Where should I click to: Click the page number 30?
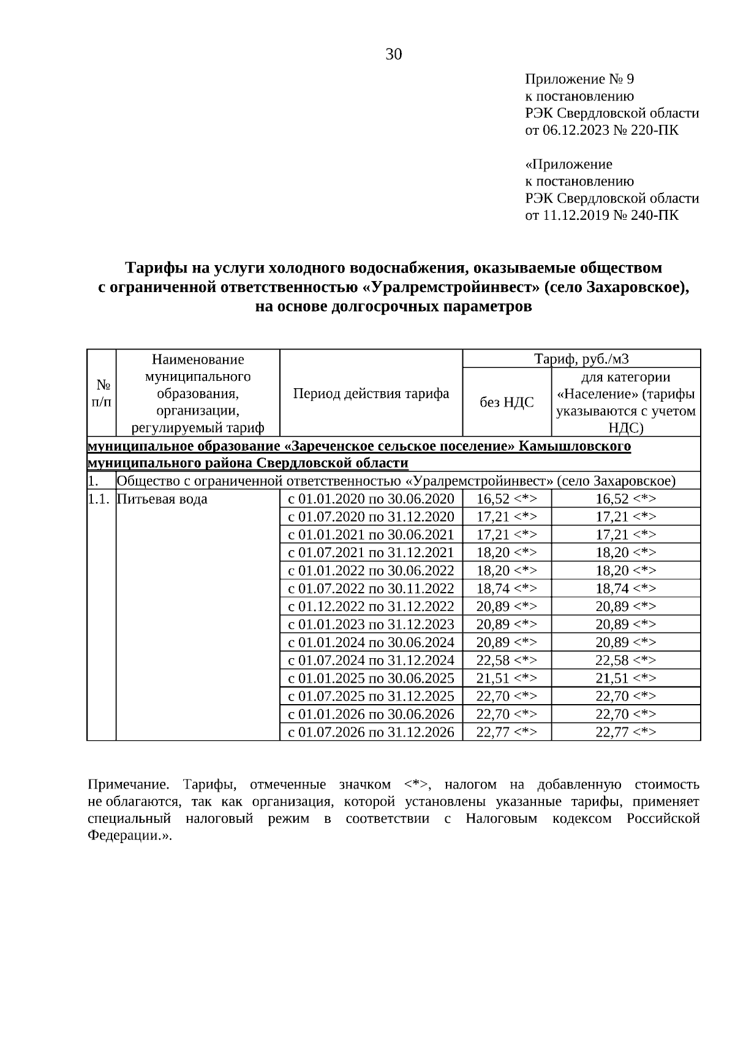pos(394,55)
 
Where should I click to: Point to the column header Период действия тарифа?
pos(371,394)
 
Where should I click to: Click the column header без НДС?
pos(507,402)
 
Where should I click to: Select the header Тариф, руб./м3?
pos(581,359)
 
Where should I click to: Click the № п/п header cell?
pos(102,393)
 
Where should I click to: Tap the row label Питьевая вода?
pos(162,499)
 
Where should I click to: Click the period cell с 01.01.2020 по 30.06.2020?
pos(371,499)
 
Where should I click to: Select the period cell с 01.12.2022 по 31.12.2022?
pos(371,607)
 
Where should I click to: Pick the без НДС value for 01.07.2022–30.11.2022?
pos(507,589)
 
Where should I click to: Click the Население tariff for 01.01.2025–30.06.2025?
pos(625,678)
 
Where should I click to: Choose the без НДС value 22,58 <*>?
pos(507,661)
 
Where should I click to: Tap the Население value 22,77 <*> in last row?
pos(625,732)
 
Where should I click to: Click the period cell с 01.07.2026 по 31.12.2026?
pos(371,732)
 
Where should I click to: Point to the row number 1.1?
pos(99,499)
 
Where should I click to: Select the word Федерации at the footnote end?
pos(126,836)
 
